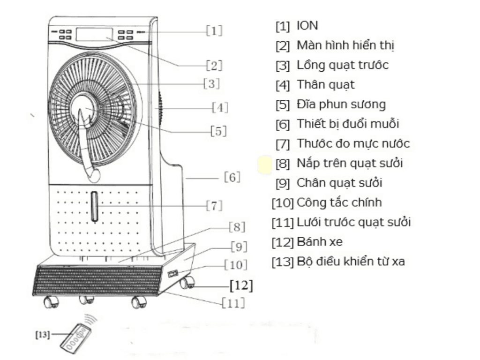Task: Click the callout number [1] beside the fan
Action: coord(214,30)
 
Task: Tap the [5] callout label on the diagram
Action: coord(218,131)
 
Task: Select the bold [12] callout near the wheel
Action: coord(241,285)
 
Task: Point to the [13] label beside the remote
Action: coord(43,334)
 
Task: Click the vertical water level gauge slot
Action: coord(95,206)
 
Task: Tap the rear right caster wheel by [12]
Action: coord(187,283)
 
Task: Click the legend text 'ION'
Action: coord(307,26)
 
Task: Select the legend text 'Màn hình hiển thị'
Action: coord(345,45)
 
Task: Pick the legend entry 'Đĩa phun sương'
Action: coord(341,105)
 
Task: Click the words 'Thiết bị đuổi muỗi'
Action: coord(348,124)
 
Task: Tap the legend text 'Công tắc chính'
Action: coord(339,202)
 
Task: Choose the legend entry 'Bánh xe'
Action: coord(320,242)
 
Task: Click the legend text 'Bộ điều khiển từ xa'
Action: coord(351,262)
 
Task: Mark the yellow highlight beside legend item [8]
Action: coord(265,165)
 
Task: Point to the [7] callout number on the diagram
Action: coord(214,205)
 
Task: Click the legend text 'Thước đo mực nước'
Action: coord(353,143)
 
